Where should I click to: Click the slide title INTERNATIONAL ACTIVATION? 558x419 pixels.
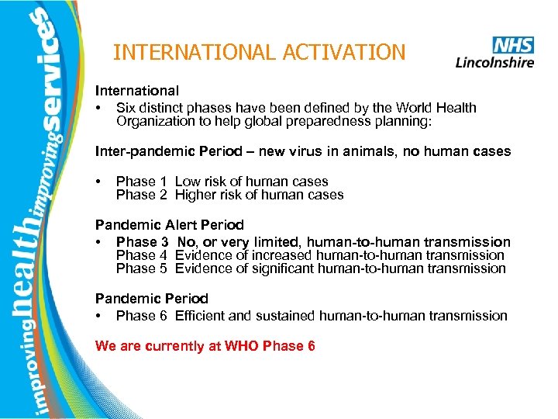tap(259, 53)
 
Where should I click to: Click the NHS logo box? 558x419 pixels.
tap(512, 44)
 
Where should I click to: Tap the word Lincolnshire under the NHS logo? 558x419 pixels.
tap(494, 61)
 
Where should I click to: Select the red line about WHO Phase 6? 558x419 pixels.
tap(205, 346)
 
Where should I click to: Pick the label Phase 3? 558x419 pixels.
tap(143, 243)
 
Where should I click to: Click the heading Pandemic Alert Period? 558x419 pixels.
tap(169, 225)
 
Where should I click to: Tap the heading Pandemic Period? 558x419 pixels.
tap(151, 298)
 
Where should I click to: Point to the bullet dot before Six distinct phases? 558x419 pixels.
tap(99, 108)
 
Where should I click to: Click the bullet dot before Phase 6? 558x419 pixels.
tap(99, 316)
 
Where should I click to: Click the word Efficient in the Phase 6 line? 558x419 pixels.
tap(201, 316)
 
